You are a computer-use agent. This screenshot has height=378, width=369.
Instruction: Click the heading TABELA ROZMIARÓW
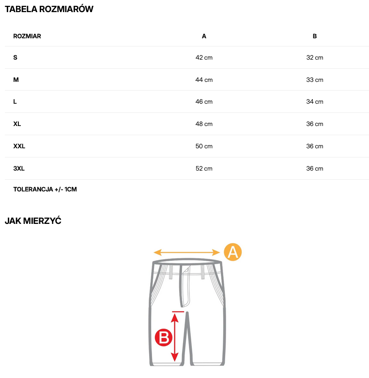(49, 9)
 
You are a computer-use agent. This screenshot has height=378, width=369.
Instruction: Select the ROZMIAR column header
(27, 36)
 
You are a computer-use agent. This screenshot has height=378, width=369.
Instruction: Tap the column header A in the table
(204, 36)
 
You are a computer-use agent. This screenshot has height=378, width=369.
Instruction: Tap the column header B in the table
(315, 36)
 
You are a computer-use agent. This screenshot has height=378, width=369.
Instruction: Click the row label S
(15, 58)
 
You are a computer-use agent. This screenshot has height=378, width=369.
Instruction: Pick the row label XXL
(19, 146)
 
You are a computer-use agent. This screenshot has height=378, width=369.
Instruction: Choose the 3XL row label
(19, 169)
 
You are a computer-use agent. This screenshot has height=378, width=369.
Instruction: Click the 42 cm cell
(204, 58)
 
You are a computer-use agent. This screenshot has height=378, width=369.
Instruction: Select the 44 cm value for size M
(204, 80)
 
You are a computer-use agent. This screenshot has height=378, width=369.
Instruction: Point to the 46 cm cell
(204, 102)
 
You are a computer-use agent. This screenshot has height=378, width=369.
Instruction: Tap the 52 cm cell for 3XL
(204, 169)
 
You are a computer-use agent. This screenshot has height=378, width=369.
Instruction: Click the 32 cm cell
(315, 58)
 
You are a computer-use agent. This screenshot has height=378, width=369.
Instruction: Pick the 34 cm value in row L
(315, 102)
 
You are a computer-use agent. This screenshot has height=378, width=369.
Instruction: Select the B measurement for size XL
(315, 124)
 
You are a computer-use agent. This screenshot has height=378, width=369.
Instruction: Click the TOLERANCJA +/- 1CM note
(45, 189)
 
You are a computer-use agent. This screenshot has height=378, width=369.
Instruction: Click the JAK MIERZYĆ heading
(33, 221)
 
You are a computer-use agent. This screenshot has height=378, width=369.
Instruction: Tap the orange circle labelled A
(232, 252)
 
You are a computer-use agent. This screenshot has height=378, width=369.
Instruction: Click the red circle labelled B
(163, 337)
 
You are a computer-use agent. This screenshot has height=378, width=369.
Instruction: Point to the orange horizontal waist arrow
(186, 252)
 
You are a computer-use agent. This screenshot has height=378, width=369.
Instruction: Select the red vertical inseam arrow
(175, 337)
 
